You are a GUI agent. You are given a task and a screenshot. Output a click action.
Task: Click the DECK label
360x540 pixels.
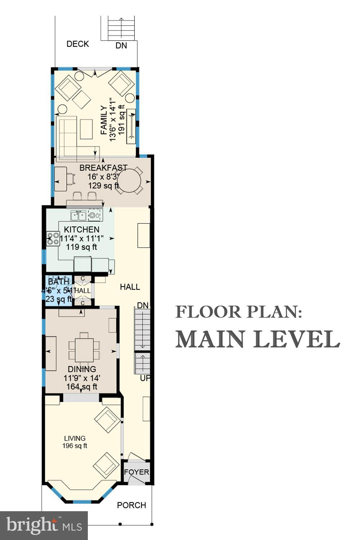click(x=78, y=44)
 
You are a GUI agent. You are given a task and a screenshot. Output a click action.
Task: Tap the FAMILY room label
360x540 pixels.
click(x=104, y=120)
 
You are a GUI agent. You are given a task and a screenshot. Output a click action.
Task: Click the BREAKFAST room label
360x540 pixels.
click(x=103, y=168)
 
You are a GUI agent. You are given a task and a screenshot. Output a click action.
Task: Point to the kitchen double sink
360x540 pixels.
click(x=78, y=216)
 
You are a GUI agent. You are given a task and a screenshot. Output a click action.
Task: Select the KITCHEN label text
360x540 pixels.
click(x=82, y=230)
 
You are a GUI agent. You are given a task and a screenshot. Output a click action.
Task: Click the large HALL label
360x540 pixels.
click(x=130, y=287)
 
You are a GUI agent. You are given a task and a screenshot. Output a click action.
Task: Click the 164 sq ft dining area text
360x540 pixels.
click(x=82, y=387)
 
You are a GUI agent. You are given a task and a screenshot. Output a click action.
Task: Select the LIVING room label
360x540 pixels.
click(x=75, y=438)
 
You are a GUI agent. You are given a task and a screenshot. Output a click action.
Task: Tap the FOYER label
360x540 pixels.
click(x=136, y=472)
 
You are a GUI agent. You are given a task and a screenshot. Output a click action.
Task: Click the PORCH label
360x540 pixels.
click(x=131, y=505)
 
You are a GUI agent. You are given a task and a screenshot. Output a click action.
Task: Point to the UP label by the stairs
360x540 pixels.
click(x=145, y=378)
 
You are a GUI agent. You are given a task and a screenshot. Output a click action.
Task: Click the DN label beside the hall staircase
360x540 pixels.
click(x=143, y=305)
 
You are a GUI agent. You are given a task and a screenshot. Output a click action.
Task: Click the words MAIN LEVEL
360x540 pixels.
click(x=258, y=339)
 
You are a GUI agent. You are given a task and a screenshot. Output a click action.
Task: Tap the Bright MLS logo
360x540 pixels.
click(x=44, y=525)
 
